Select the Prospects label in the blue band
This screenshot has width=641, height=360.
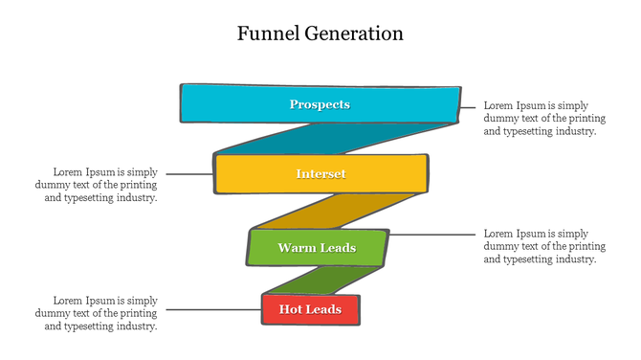tap(320, 104)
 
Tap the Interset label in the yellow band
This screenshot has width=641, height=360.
tap(320, 174)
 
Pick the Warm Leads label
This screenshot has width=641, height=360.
tap(317, 248)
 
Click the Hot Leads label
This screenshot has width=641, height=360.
tap(310, 309)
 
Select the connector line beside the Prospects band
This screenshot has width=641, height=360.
tap(469, 108)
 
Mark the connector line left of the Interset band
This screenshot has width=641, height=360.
tap(189, 174)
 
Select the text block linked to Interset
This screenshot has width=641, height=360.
tap(97, 184)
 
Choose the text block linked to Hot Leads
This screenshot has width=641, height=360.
tap(97, 313)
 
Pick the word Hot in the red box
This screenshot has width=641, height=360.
tap(291, 309)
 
